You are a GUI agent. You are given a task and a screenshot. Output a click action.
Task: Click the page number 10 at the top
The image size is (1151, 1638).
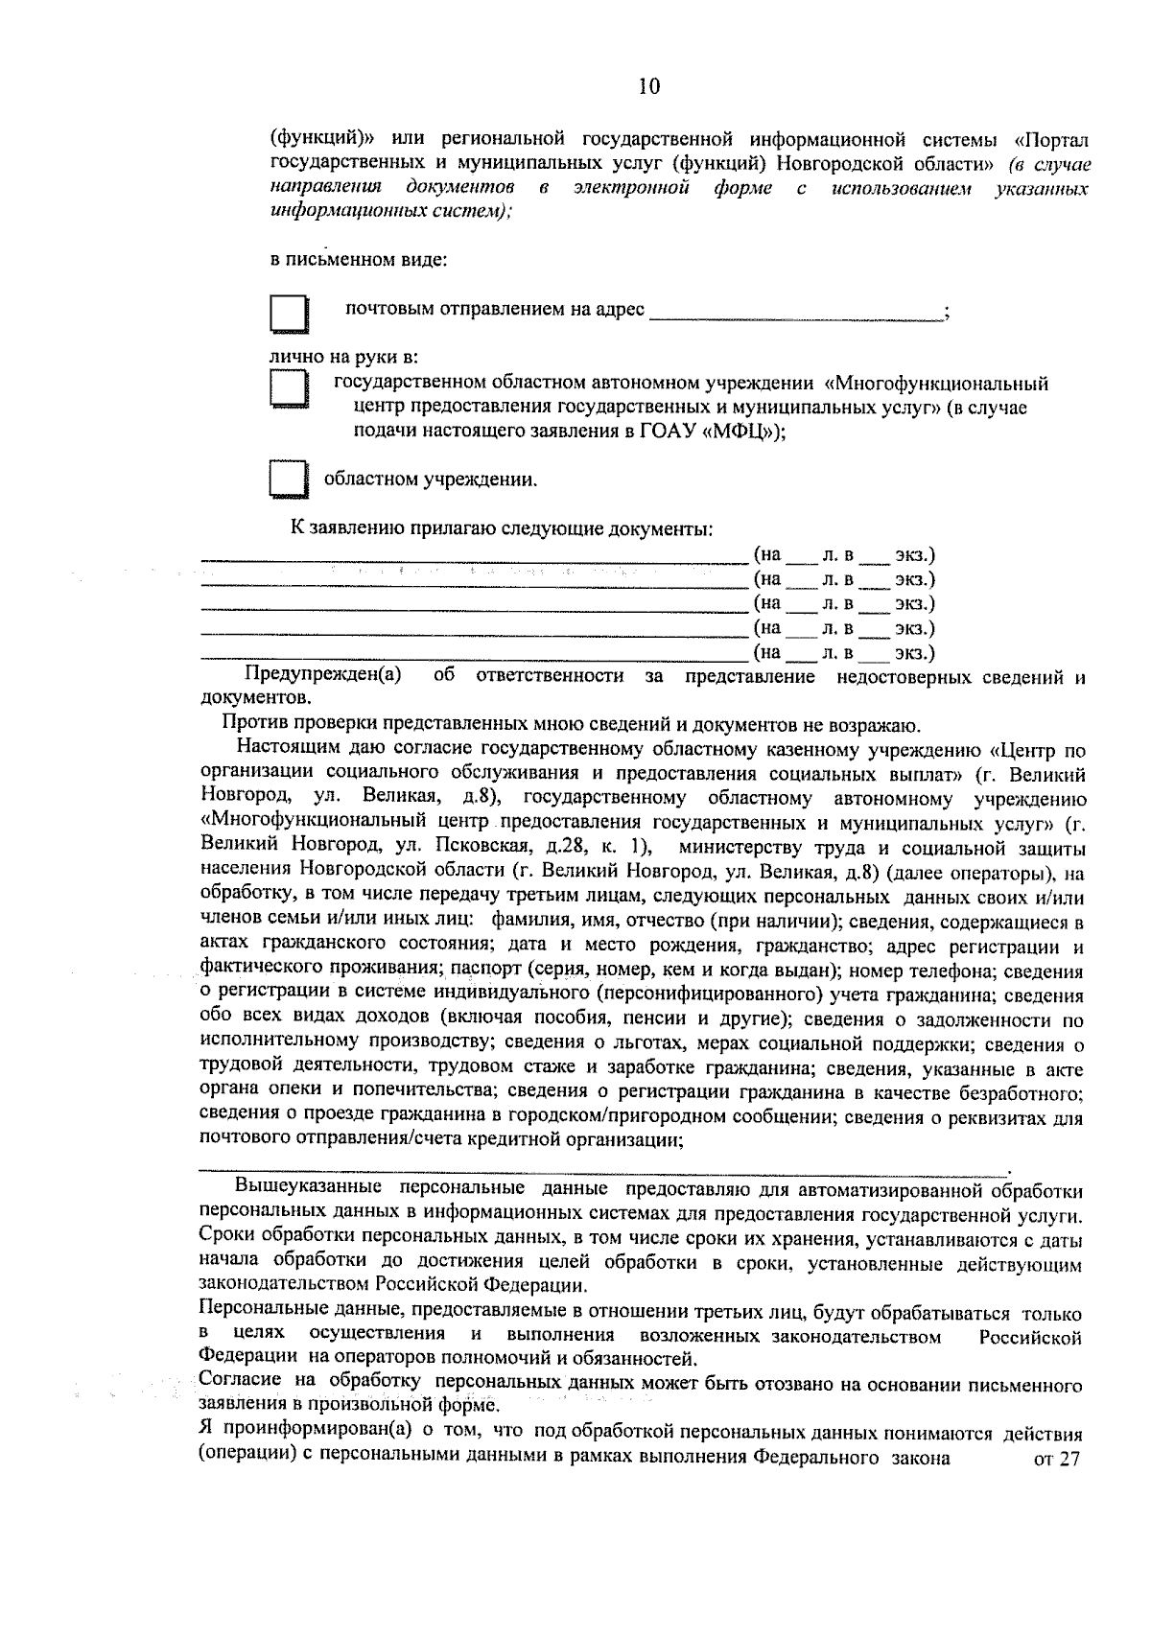[x=648, y=87]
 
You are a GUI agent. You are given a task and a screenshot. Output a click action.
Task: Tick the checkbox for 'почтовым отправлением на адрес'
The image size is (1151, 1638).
[x=288, y=314]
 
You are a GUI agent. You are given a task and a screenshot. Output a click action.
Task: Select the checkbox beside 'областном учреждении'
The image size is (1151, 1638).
[x=288, y=480]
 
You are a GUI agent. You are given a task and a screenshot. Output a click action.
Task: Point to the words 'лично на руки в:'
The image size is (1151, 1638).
[x=342, y=359]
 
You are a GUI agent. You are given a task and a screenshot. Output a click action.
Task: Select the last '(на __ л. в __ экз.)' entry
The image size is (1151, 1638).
[x=844, y=654]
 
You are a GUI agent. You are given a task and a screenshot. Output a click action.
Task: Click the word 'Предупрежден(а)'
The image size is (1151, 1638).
[x=322, y=677]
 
